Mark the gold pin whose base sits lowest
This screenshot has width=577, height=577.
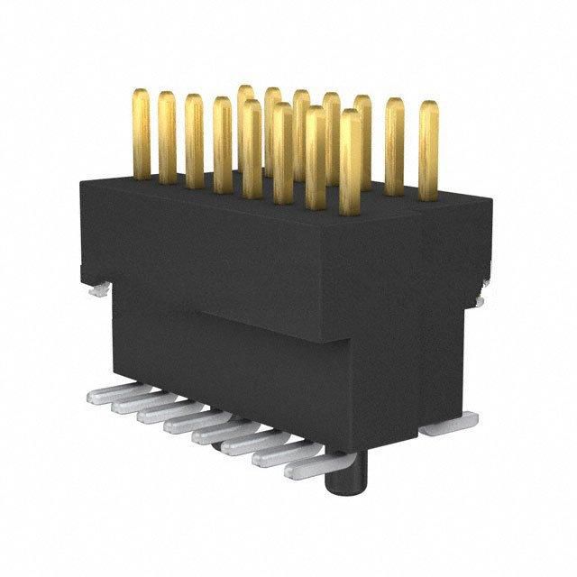351,162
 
